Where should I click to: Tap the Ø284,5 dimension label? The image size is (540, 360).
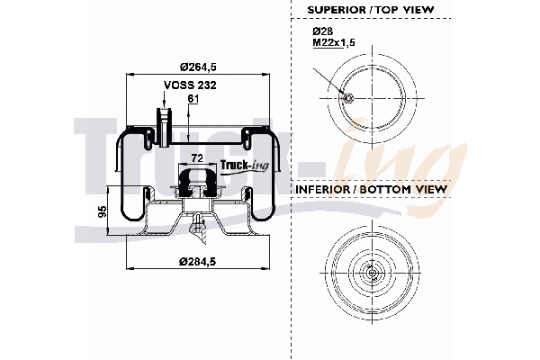coord(196,261)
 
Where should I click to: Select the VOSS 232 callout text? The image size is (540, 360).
coord(189,85)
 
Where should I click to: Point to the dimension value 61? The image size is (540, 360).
coord(192,98)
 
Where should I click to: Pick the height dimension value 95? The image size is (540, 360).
coord(103,212)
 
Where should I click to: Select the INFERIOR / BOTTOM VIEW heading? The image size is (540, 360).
coord(372,190)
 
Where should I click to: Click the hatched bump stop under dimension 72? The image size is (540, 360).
coord(196,183)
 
